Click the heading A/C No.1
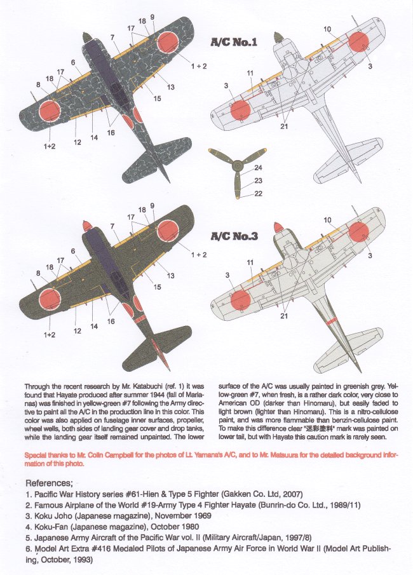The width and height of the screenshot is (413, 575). pos(234,44)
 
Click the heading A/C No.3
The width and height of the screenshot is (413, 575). pos(234,237)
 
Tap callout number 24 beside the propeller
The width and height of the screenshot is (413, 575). pos(258,168)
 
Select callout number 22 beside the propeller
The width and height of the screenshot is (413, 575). pos(258,194)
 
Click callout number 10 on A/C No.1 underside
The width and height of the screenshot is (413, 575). pos(327,29)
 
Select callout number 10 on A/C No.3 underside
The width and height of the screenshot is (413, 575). pos(327,220)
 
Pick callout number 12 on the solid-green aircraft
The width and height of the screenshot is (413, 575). pos(77,331)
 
